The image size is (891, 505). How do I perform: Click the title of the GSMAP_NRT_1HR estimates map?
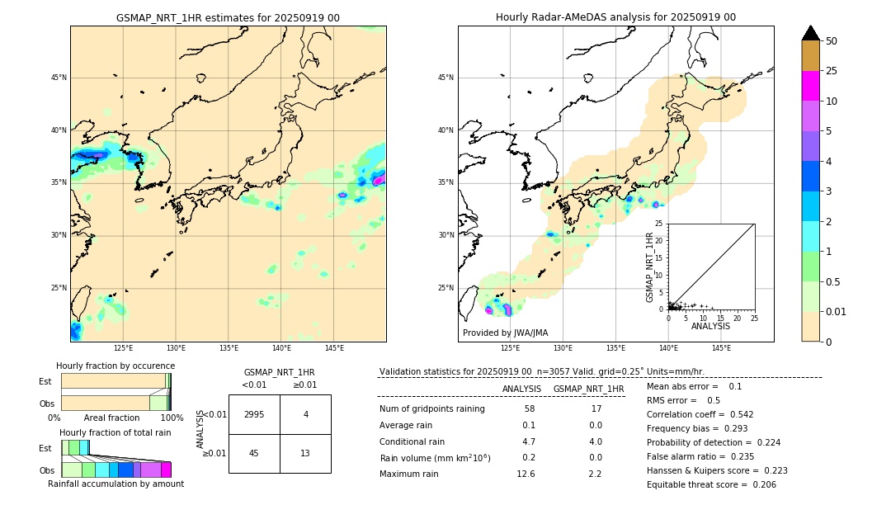pos(228,17)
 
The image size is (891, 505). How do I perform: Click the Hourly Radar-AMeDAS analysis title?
pos(615,17)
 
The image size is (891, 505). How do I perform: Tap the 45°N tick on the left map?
pos(59,78)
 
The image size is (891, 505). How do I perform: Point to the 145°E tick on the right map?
pos(721,348)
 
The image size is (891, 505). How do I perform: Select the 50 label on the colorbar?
pos(832,40)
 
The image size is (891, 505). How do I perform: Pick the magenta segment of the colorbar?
pos(810,86)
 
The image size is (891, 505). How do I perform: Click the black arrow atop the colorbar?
pos(810,33)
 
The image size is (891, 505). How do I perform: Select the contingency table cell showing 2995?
pos(254,414)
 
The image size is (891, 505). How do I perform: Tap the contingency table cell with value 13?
pos(305,453)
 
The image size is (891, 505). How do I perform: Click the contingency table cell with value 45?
pos(254,453)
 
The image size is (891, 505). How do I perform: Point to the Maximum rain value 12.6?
pos(526,474)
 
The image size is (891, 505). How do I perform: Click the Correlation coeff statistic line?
pos(700,414)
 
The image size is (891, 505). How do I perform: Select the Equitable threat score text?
pos(711,484)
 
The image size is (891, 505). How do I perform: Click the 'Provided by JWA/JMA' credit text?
pos(505,333)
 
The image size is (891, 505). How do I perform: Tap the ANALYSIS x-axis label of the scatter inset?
pos(710,326)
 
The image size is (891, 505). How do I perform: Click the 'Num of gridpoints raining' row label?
pos(431,409)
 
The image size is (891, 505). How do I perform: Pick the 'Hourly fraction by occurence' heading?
pos(115,366)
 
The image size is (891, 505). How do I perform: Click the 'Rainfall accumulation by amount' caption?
pos(115,484)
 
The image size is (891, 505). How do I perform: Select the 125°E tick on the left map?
pos(123,348)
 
